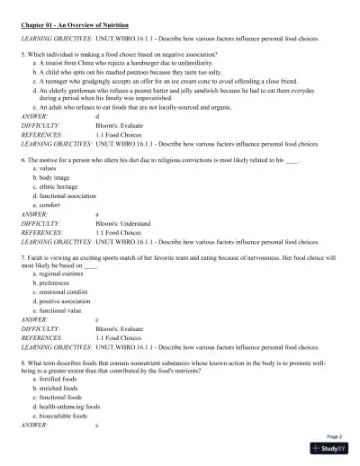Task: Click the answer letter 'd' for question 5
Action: tap(97, 116)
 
